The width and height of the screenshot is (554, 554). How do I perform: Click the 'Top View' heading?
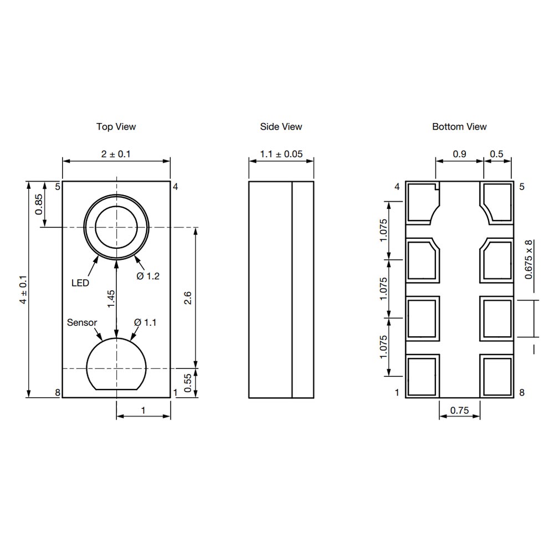pos(116,127)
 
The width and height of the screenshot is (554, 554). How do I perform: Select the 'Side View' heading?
pos(281,127)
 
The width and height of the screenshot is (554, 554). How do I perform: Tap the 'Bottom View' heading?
pos(459,127)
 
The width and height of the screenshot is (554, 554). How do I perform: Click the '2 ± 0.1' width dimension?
pos(116,154)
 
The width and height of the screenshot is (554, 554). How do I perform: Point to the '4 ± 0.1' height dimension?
pos(23,289)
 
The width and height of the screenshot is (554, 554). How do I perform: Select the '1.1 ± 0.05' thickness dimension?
pos(281,154)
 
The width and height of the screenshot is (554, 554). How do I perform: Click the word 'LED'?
pos(80,283)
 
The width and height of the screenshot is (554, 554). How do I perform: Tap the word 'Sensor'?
pos(82,322)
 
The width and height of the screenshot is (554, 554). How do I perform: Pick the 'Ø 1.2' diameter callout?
pos(147,276)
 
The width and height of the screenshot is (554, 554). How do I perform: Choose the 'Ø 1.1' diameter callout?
pos(146,322)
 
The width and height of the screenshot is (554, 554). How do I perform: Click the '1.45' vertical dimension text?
pos(111,299)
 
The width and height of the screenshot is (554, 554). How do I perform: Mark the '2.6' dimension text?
pos(188,299)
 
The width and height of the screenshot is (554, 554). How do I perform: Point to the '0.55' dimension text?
pos(188,383)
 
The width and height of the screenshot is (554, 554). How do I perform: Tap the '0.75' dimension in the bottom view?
pos(459,411)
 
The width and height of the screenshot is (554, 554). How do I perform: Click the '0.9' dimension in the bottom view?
pos(459,155)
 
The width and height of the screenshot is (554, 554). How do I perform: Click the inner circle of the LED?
pos(116,227)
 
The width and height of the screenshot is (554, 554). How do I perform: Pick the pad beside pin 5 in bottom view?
pos(496,202)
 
